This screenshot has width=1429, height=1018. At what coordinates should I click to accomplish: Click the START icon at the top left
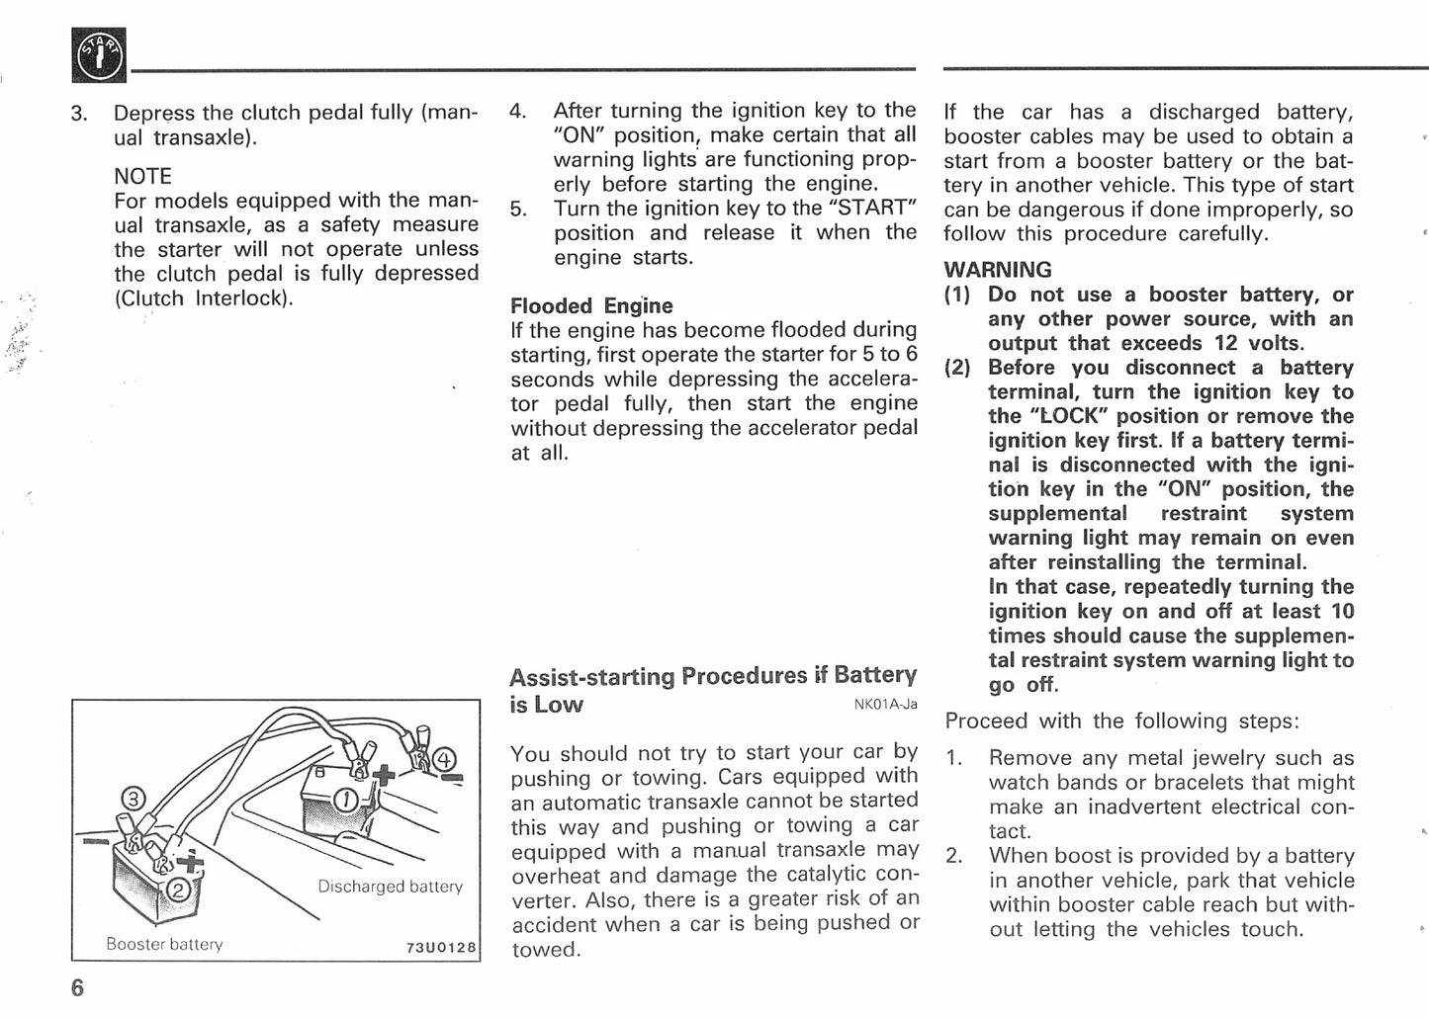pyautogui.click(x=99, y=56)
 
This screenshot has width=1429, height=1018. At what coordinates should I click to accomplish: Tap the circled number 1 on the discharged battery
pyautogui.click(x=347, y=799)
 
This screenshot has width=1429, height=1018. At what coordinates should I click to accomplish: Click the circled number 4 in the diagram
pyautogui.click(x=445, y=759)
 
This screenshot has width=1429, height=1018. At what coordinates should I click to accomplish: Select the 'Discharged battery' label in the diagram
pyautogui.click(x=390, y=887)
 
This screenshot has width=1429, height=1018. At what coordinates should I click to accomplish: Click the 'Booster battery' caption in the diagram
pyautogui.click(x=164, y=944)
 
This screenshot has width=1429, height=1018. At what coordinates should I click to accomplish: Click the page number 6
pyautogui.click(x=77, y=988)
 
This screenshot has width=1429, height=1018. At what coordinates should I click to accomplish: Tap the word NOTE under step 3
pyautogui.click(x=142, y=176)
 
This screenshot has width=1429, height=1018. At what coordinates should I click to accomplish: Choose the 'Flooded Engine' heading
pyautogui.click(x=590, y=305)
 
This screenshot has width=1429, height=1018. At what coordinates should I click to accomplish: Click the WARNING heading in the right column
pyautogui.click(x=997, y=269)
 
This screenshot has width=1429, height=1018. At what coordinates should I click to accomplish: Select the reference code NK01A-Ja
pyautogui.click(x=885, y=705)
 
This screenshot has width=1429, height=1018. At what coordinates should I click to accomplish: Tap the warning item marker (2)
pyautogui.click(x=957, y=368)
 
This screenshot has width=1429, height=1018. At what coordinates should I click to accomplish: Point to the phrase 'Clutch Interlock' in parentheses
pyautogui.click(x=205, y=298)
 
